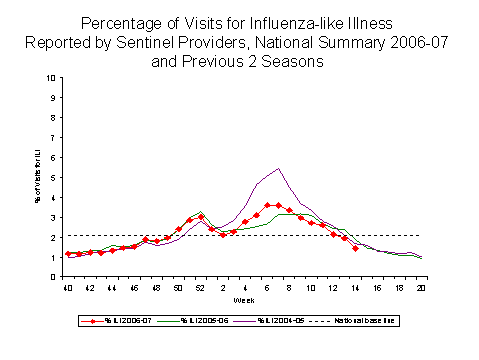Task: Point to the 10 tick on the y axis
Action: [x=52, y=77]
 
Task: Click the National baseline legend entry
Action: [x=371, y=320]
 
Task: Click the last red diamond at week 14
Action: [x=355, y=248]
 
